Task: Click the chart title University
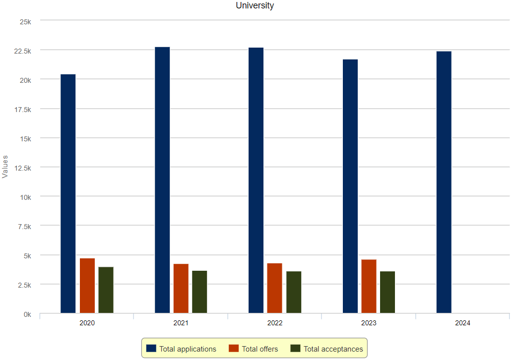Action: pos(255,6)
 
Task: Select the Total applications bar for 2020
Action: pos(68,193)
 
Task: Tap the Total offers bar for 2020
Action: pos(87,286)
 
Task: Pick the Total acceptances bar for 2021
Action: pos(199,292)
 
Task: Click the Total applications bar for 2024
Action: pos(444,182)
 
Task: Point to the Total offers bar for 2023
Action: pos(369,286)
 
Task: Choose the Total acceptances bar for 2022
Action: pos(294,292)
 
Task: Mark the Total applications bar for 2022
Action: pos(256,180)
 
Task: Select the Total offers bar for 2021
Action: pos(181,288)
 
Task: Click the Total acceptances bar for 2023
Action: pos(388,292)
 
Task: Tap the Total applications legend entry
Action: pos(182,349)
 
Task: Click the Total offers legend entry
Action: pos(253,349)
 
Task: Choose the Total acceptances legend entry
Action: pos(327,349)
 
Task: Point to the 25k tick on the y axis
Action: pos(25,22)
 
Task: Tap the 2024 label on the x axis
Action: pos(462,323)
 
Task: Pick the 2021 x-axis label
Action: pos(181,323)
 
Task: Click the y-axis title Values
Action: pos(5,167)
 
